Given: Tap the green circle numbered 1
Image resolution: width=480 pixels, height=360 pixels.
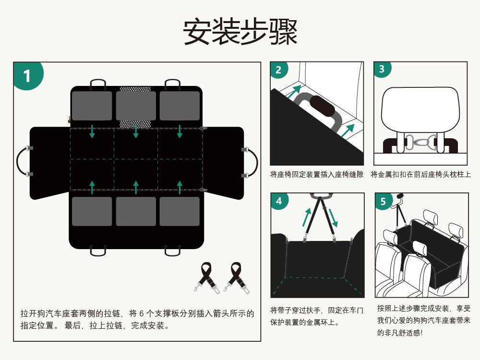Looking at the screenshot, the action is [27, 76].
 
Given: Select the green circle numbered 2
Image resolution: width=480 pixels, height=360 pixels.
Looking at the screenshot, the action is [279, 70].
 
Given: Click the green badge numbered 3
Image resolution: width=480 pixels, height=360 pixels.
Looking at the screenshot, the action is [382, 69].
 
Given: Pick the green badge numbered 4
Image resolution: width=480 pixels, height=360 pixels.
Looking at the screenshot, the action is [279, 201].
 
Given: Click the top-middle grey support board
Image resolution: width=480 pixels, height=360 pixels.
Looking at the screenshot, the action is [136, 106].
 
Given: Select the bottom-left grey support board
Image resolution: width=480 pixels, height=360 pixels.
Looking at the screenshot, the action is [92, 211].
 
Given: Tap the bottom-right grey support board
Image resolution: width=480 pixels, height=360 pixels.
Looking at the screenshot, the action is [180, 211].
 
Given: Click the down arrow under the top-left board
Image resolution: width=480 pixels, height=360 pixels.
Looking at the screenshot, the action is [92, 132].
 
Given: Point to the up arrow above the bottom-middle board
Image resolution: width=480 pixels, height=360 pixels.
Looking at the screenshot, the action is [136, 187].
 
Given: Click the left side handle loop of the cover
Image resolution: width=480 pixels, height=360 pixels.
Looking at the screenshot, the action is [22, 161].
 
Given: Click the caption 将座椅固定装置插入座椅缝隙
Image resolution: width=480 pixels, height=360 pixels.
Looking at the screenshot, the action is [317, 175].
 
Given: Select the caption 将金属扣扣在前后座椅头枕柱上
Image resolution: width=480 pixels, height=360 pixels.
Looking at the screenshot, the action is [420, 175].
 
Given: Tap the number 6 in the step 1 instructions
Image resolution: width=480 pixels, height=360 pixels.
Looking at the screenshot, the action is [142, 313].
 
